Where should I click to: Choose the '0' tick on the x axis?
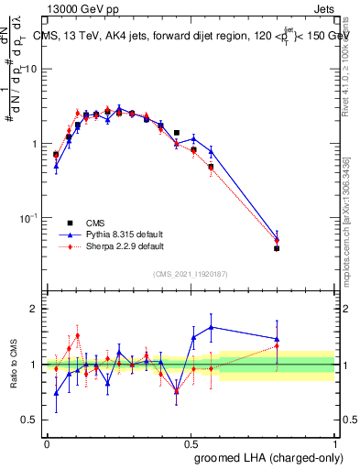click(x=47, y=442)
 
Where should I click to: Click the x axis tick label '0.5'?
click(x=191, y=442)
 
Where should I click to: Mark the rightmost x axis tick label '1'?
click(x=335, y=442)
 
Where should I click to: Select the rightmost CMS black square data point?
click(x=277, y=248)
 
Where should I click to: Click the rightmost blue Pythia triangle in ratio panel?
click(x=277, y=339)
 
